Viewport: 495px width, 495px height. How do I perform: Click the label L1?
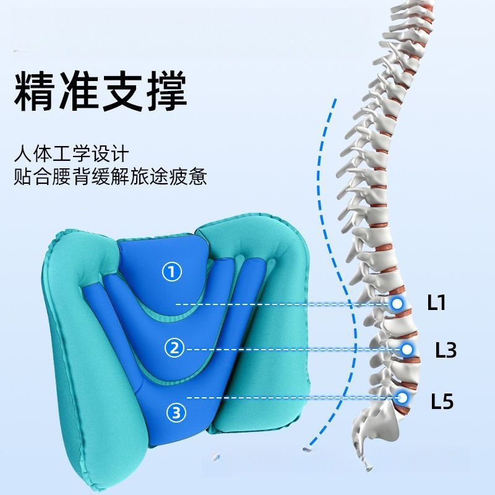[x=437, y=303]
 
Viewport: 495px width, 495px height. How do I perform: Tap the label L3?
[x=445, y=350]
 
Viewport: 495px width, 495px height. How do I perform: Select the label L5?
[x=442, y=402]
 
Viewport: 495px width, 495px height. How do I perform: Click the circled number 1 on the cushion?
[x=172, y=271]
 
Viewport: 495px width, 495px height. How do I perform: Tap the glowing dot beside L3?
[x=407, y=350]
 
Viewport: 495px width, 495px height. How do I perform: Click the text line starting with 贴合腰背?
[x=110, y=178]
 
